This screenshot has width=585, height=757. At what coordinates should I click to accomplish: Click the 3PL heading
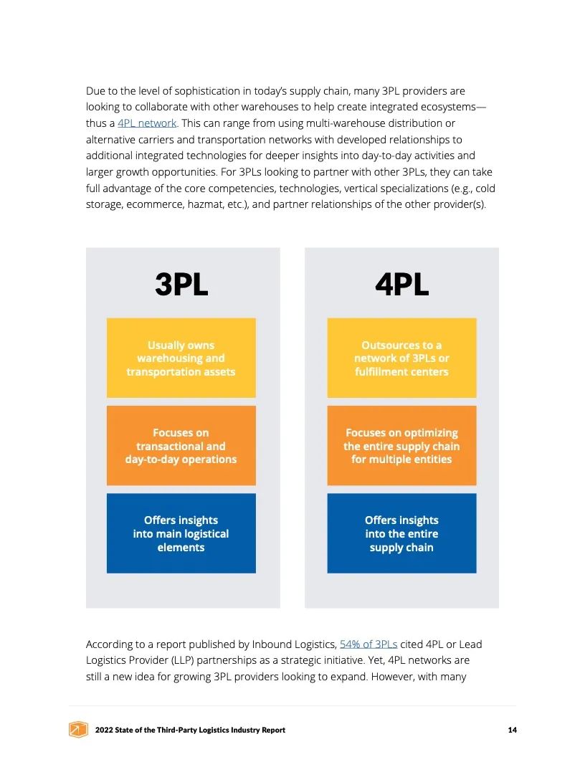[181, 285]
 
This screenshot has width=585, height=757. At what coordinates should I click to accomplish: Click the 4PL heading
[401, 285]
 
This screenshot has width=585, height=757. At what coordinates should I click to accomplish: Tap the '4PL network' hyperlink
[147, 123]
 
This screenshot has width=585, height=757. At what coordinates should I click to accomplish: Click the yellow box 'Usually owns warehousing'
[181, 358]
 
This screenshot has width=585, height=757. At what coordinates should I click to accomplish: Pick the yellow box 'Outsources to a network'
[401, 358]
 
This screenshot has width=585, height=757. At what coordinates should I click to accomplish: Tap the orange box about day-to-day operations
[181, 446]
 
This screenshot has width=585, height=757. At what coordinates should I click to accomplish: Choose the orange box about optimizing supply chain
[401, 446]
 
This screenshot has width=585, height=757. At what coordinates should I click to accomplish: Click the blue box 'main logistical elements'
[181, 533]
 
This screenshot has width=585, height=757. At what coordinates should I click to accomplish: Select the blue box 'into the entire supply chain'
[401, 533]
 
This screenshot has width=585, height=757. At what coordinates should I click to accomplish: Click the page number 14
[512, 730]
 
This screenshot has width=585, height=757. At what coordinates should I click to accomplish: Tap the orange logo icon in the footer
[77, 730]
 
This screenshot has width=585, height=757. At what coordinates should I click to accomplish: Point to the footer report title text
[190, 730]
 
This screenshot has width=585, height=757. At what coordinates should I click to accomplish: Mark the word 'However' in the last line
[391, 677]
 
